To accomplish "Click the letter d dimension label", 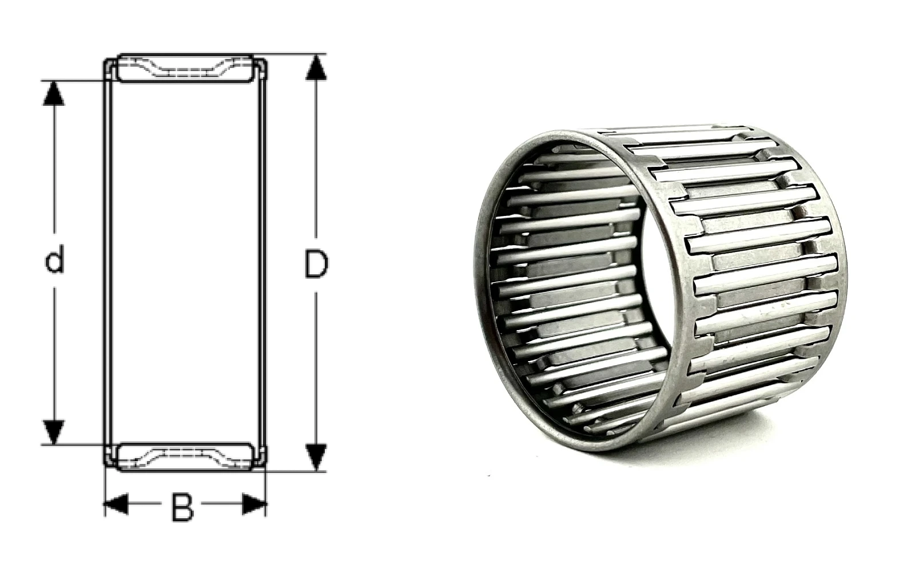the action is pyautogui.click(x=54, y=259).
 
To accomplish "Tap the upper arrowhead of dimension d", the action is pyautogui.click(x=54, y=94).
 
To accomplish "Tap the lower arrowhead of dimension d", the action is pyautogui.click(x=54, y=432).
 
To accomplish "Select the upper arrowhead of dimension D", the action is pyautogui.click(x=316, y=68).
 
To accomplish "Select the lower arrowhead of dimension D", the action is pyautogui.click(x=316, y=457).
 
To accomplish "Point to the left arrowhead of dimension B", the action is pyautogui.click(x=117, y=504).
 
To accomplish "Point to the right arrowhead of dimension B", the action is pyautogui.click(x=254, y=504).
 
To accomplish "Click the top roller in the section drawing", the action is pyautogui.click(x=185, y=68).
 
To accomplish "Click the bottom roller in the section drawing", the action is pyautogui.click(x=185, y=457).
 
